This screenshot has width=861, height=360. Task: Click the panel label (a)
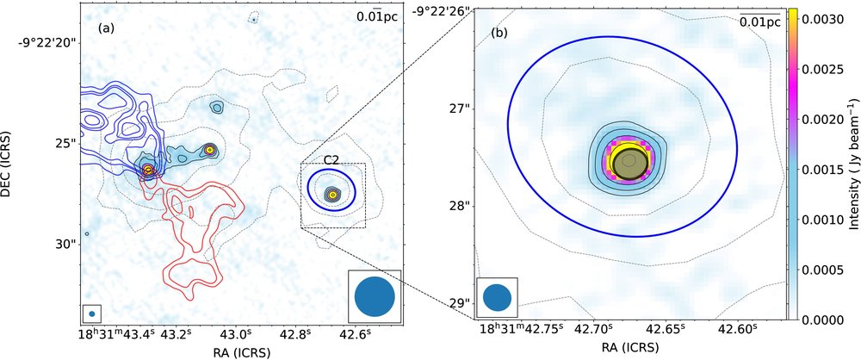pos(107,28)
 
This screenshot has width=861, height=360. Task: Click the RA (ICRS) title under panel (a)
pos(237,351)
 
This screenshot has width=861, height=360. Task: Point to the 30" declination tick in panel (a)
pos(63,244)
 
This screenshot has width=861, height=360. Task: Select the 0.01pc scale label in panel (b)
pos(759,23)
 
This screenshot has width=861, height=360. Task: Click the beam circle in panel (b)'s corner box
pos(498,297)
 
